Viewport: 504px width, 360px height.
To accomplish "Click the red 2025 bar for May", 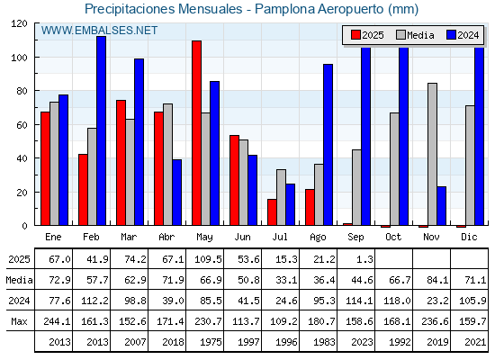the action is click(197, 133).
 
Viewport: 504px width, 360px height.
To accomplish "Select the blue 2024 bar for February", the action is click(101, 130).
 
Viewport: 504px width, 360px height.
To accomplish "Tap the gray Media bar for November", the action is click(432, 154).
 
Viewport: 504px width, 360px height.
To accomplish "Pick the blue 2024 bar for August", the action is click(328, 145).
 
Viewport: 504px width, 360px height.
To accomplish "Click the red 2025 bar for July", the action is click(272, 212).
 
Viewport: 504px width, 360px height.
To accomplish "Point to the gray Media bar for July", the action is click(281, 197).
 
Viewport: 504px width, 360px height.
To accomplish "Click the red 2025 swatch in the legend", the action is click(355, 35).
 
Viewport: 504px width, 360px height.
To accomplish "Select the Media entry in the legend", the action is click(415, 35).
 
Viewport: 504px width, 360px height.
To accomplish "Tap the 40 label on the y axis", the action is click(22, 158).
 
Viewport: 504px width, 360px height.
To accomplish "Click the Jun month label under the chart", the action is click(242, 238).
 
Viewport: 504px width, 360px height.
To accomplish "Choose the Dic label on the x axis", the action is click(469, 237).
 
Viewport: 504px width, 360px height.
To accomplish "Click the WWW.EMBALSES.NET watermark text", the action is click(99, 31).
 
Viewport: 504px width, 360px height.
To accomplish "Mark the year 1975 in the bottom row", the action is click(211, 342).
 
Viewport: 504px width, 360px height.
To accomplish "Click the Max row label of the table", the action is click(19, 321).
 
